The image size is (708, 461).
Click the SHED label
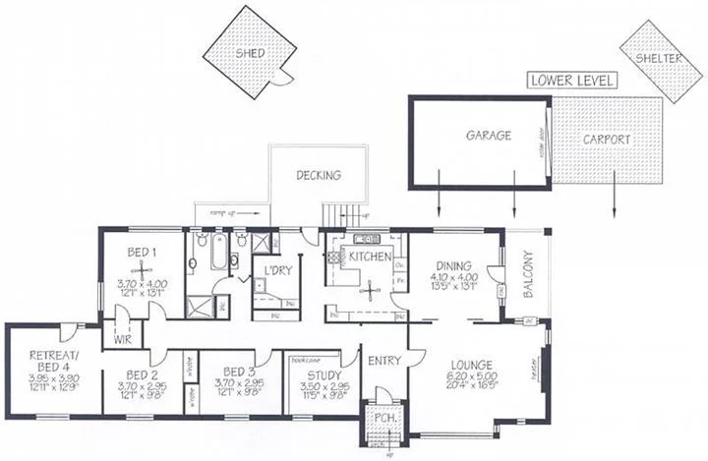251,52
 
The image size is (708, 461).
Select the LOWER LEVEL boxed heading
571,81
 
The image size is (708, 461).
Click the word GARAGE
488,136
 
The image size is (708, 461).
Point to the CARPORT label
606,140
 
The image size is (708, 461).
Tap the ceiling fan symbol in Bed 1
143,267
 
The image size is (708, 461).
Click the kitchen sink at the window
366,239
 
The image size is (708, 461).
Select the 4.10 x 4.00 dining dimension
453,278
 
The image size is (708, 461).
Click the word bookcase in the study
301,360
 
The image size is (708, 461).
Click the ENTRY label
383,361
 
